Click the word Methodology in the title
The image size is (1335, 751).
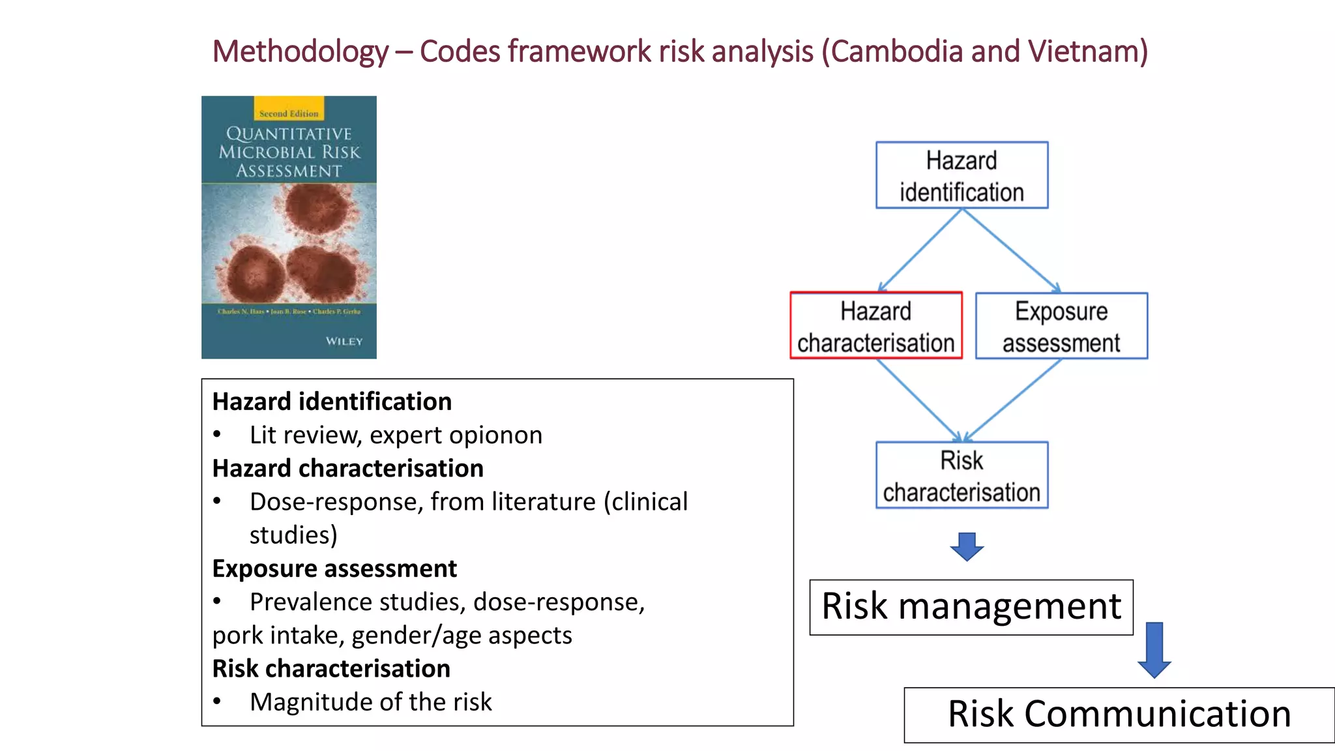click(x=301, y=52)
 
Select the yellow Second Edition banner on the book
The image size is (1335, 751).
click(x=289, y=109)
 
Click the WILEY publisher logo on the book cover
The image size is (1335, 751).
click(x=344, y=342)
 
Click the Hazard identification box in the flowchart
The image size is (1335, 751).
click(x=961, y=175)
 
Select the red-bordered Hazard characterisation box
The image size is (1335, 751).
click(x=875, y=325)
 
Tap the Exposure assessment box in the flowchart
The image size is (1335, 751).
click(x=1061, y=326)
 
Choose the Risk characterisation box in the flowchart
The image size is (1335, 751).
click(x=961, y=475)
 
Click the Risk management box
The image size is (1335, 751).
click(x=971, y=607)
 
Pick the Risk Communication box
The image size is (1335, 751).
click(x=1119, y=714)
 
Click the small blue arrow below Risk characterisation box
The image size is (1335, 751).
click(x=967, y=546)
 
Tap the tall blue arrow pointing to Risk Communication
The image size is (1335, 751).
click(x=1154, y=650)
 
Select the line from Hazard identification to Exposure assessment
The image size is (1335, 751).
click(x=1010, y=250)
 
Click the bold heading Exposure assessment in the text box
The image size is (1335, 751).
click(x=334, y=568)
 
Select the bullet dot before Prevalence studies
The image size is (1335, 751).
click(x=217, y=601)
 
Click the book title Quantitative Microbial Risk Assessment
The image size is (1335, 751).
click(x=289, y=152)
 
